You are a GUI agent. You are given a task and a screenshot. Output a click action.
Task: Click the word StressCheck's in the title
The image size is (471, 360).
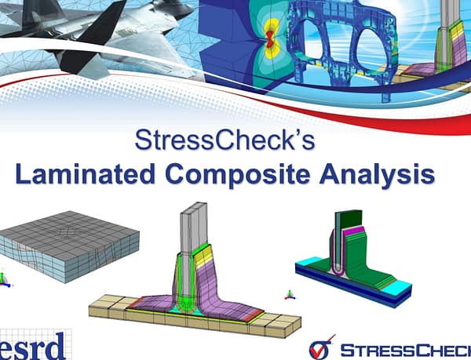coord(225,141)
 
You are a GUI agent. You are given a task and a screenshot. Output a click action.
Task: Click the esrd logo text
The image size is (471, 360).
coord(35,343)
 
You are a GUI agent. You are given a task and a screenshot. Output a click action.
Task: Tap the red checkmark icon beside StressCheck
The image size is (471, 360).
coord(319,347)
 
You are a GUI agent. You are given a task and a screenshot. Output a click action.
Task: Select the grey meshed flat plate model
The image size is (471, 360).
coord(71,239)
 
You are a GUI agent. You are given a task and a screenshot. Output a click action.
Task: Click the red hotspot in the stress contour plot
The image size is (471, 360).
coord(268,36)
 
